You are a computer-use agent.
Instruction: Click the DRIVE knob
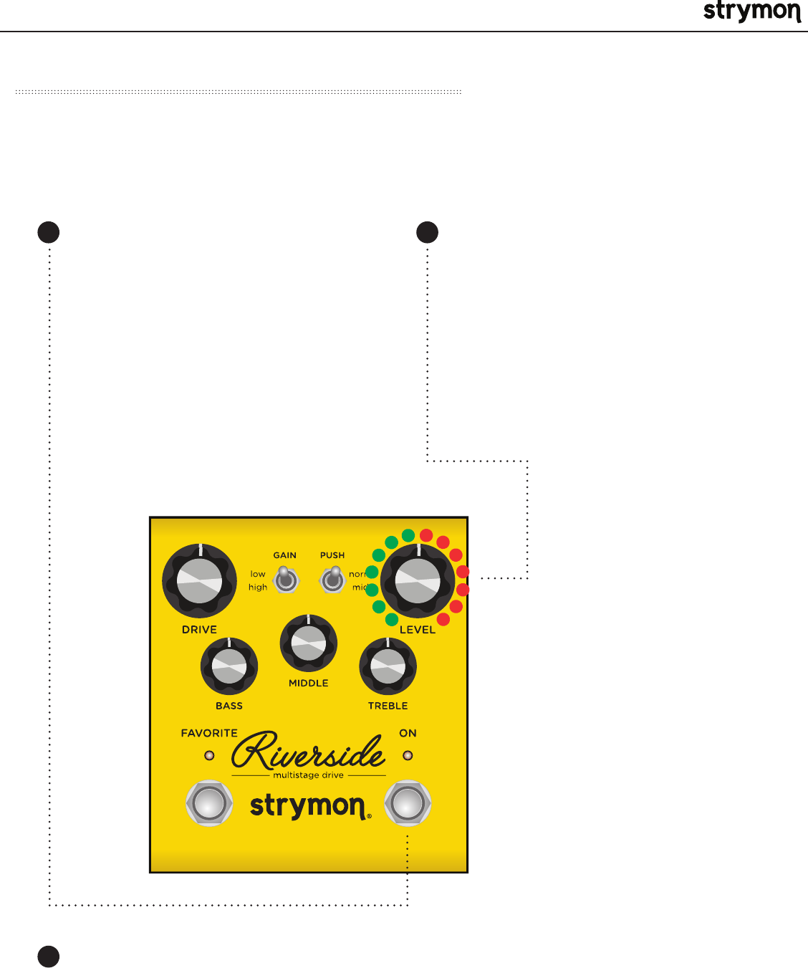pos(200,581)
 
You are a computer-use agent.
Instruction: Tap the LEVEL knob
pos(418,581)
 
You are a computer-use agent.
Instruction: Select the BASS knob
pos(229,667)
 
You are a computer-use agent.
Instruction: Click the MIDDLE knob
pos(309,643)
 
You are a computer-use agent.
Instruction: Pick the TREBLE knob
pos(388,667)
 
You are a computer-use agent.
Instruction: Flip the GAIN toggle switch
pos(286,579)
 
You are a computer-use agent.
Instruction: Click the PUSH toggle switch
pos(332,579)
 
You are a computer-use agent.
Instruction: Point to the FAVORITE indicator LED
pos(209,755)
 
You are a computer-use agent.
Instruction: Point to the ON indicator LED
pos(408,755)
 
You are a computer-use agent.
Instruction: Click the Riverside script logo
pos(308,751)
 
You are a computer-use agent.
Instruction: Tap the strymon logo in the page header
pos(751,12)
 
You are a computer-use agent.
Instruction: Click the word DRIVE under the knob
pos(199,630)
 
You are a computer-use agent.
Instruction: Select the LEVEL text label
pos(418,630)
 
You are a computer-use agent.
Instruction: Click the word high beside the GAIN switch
pos(258,588)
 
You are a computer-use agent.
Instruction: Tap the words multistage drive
pos(309,775)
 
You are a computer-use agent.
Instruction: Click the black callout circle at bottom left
pos(49,957)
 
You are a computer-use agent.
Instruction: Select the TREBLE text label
pos(388,706)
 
